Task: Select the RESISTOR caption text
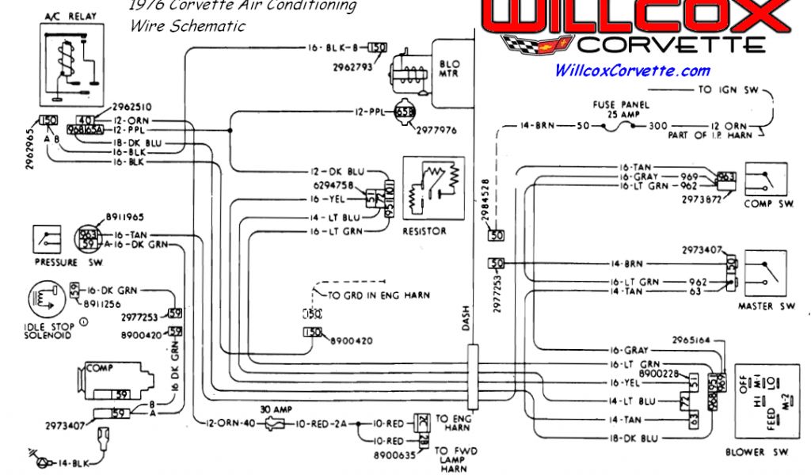pyautogui.click(x=425, y=231)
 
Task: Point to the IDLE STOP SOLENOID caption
pyautogui.click(x=49, y=331)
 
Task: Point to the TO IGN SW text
pyautogui.click(x=728, y=90)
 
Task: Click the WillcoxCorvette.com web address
pyautogui.click(x=632, y=70)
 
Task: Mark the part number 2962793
pyautogui.click(x=352, y=67)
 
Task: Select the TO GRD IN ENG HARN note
pyautogui.click(x=379, y=295)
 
